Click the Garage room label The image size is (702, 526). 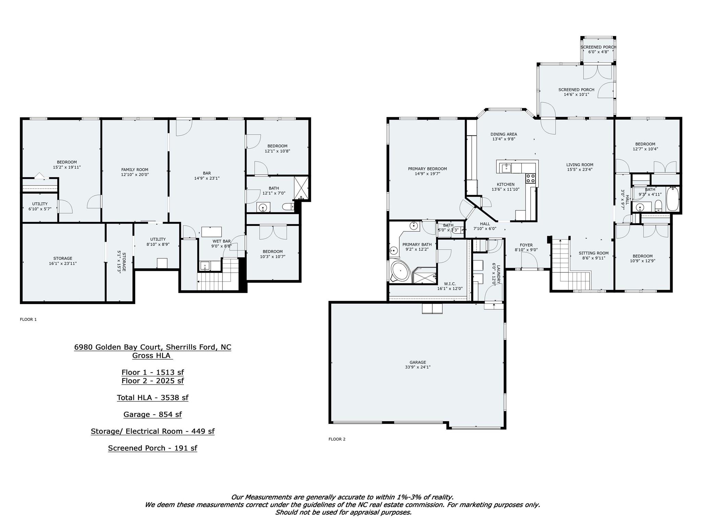pos(417,362)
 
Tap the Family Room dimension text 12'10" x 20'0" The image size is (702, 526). pos(135,175)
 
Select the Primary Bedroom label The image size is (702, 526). pos(427,169)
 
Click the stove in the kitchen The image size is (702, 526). pos(531,178)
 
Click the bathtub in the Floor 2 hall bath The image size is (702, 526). pos(673,199)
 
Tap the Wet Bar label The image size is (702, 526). pos(221,241)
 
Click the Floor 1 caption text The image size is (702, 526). pos(28,320)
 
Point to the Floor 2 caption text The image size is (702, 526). pos(337,439)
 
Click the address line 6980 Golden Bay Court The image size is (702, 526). pos(153,347)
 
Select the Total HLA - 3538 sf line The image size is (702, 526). pos(153,398)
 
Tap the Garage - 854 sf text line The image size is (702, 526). pos(153,414)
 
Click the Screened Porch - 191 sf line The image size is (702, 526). pos(153,448)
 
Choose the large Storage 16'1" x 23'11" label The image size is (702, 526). pos(63,261)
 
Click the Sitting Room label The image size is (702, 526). pos(593,253)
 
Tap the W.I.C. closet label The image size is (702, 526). pos(450,284)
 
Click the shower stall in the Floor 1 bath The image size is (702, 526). pos(301,188)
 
